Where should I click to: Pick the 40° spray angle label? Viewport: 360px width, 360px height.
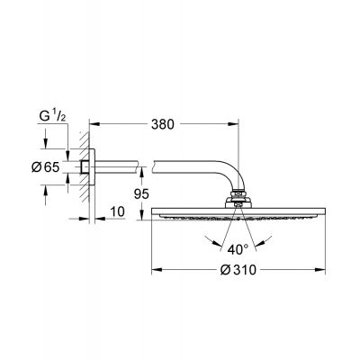pos(236,249)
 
